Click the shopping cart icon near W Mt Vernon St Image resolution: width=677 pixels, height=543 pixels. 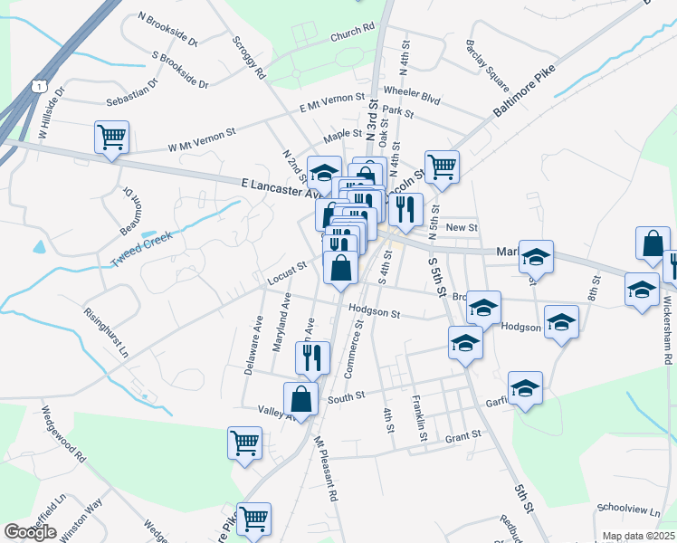click(x=111, y=138)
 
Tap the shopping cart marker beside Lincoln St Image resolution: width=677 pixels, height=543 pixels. click(x=442, y=167)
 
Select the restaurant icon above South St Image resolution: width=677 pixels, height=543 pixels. click(x=312, y=357)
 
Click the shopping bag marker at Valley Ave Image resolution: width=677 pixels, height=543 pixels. click(x=300, y=398)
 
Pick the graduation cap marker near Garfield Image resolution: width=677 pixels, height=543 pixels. click(x=525, y=387)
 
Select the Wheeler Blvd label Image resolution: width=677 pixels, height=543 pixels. click(x=411, y=92)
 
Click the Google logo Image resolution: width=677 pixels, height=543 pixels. click(x=30, y=532)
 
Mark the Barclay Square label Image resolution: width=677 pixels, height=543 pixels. click(x=487, y=59)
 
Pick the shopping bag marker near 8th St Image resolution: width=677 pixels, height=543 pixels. click(x=653, y=243)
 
